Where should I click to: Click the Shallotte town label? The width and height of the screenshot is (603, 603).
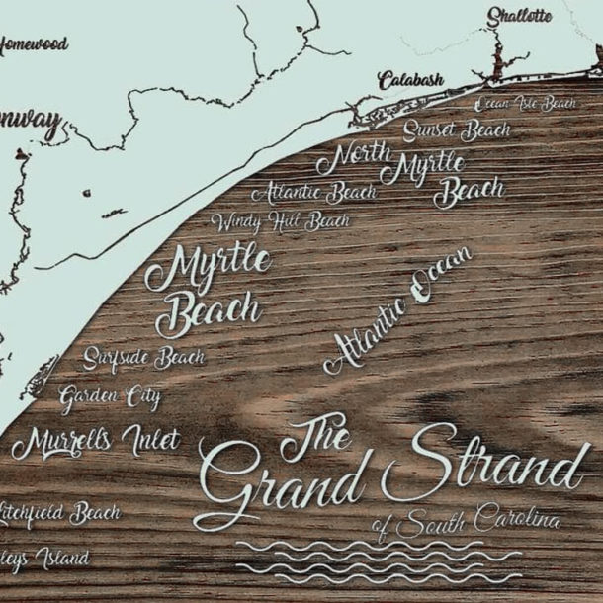[x=519, y=16]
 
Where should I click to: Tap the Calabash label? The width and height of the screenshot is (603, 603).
[x=410, y=81]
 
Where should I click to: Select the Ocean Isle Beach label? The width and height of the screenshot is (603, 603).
[x=525, y=104]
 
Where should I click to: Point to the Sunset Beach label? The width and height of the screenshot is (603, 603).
[x=456, y=130]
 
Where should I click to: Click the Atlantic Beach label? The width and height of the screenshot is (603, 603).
[x=313, y=192]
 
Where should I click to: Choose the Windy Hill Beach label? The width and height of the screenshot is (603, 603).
[x=280, y=221]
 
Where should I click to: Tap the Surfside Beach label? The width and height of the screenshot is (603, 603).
[x=144, y=357]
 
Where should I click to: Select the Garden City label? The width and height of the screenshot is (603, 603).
[x=109, y=398]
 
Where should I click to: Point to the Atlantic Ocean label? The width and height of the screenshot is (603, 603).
[x=397, y=310]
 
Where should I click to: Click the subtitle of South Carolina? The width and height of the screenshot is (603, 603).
[x=467, y=521]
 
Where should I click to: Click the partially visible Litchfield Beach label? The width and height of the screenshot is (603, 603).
[x=59, y=513]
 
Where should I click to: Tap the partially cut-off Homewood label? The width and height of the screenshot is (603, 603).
[x=34, y=44]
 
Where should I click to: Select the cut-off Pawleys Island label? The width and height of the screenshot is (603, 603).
[x=44, y=560]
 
